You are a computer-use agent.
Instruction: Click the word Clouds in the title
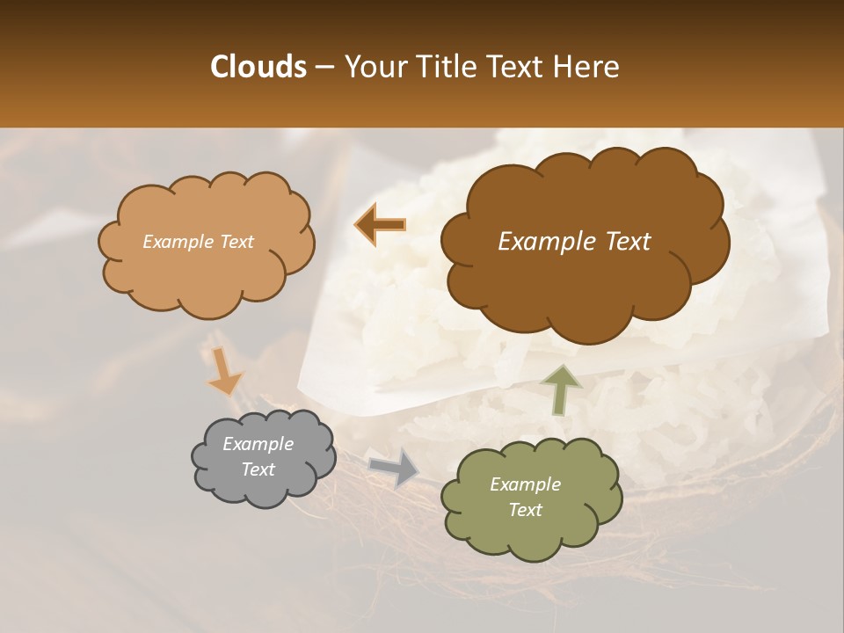tap(258, 67)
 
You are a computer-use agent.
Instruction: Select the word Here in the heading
tap(587, 67)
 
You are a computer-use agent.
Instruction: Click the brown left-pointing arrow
tap(380, 224)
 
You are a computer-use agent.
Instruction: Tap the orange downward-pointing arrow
tap(223, 370)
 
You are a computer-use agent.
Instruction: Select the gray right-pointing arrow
tap(395, 467)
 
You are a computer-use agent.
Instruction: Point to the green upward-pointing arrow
tap(560, 389)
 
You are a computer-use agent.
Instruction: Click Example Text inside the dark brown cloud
tap(574, 242)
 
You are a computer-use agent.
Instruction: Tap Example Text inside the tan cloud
tap(198, 242)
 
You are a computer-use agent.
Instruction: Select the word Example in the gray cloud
tap(258, 444)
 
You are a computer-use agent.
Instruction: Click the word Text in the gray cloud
tap(258, 469)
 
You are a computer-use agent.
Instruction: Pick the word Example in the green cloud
tap(525, 484)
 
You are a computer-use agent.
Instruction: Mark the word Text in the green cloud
tap(525, 510)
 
